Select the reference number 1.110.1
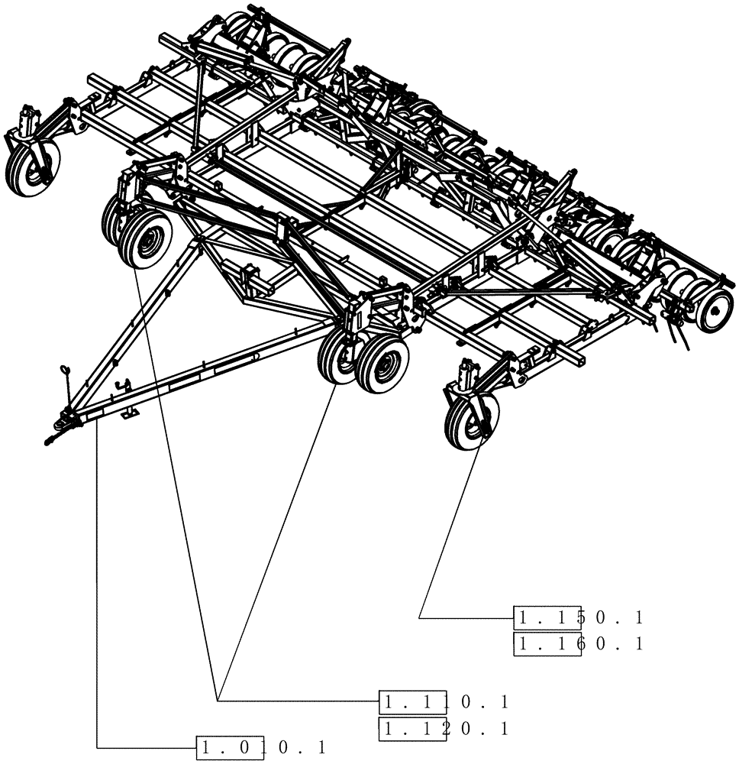point(445,701)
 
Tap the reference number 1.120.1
point(445,728)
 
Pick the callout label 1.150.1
point(579,617)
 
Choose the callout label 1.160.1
point(579,644)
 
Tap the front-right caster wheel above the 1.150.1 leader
point(471,419)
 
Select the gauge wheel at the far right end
point(714,310)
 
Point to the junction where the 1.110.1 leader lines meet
point(218,700)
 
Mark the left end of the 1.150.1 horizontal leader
point(420,617)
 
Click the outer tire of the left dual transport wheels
point(146,239)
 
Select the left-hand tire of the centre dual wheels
point(338,355)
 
